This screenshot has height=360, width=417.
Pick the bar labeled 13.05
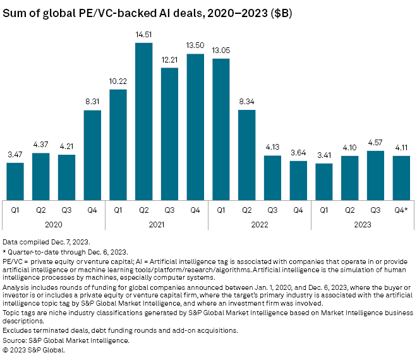[x=221, y=126]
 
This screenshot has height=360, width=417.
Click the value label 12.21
[x=170, y=60]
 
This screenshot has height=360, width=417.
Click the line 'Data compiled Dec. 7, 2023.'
[x=45, y=243]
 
